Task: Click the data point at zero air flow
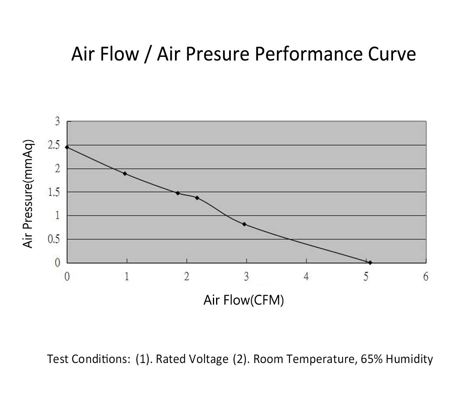[67, 147]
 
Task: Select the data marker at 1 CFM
[125, 173]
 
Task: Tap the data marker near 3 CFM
[245, 224]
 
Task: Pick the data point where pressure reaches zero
[370, 263]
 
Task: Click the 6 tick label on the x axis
[426, 277]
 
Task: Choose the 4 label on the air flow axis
[306, 277]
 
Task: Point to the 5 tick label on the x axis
[366, 277]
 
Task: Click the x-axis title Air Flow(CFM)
[244, 301]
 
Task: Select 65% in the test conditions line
[372, 359]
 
